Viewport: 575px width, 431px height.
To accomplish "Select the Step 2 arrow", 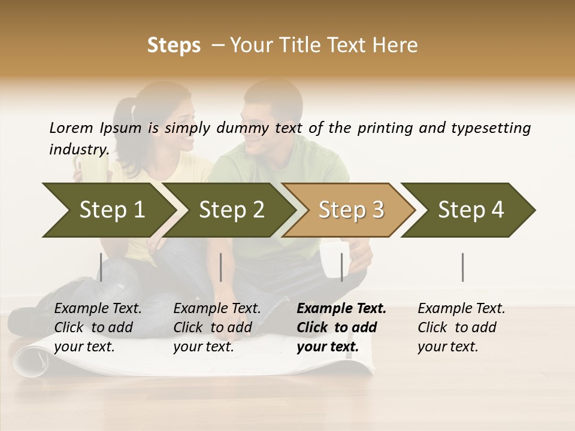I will (231, 210).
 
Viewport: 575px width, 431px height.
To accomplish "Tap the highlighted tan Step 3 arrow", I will (350, 210).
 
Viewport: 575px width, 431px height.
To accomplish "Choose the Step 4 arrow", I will (471, 210).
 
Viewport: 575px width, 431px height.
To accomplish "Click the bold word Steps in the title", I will (174, 45).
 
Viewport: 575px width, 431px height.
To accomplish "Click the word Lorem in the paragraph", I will (71, 128).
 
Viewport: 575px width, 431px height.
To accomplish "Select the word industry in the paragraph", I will (78, 150).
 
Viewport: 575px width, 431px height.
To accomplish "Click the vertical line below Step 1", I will (101, 267).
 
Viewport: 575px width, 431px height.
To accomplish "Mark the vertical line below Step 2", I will (221, 267).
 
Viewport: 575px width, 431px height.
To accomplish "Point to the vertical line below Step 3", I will (342, 267).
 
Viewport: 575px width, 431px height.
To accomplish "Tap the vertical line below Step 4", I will (463, 267).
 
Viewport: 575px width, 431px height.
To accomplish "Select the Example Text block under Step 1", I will (98, 327).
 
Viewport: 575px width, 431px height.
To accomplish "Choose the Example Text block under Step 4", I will (461, 327).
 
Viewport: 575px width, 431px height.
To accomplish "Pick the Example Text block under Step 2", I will (217, 327).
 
